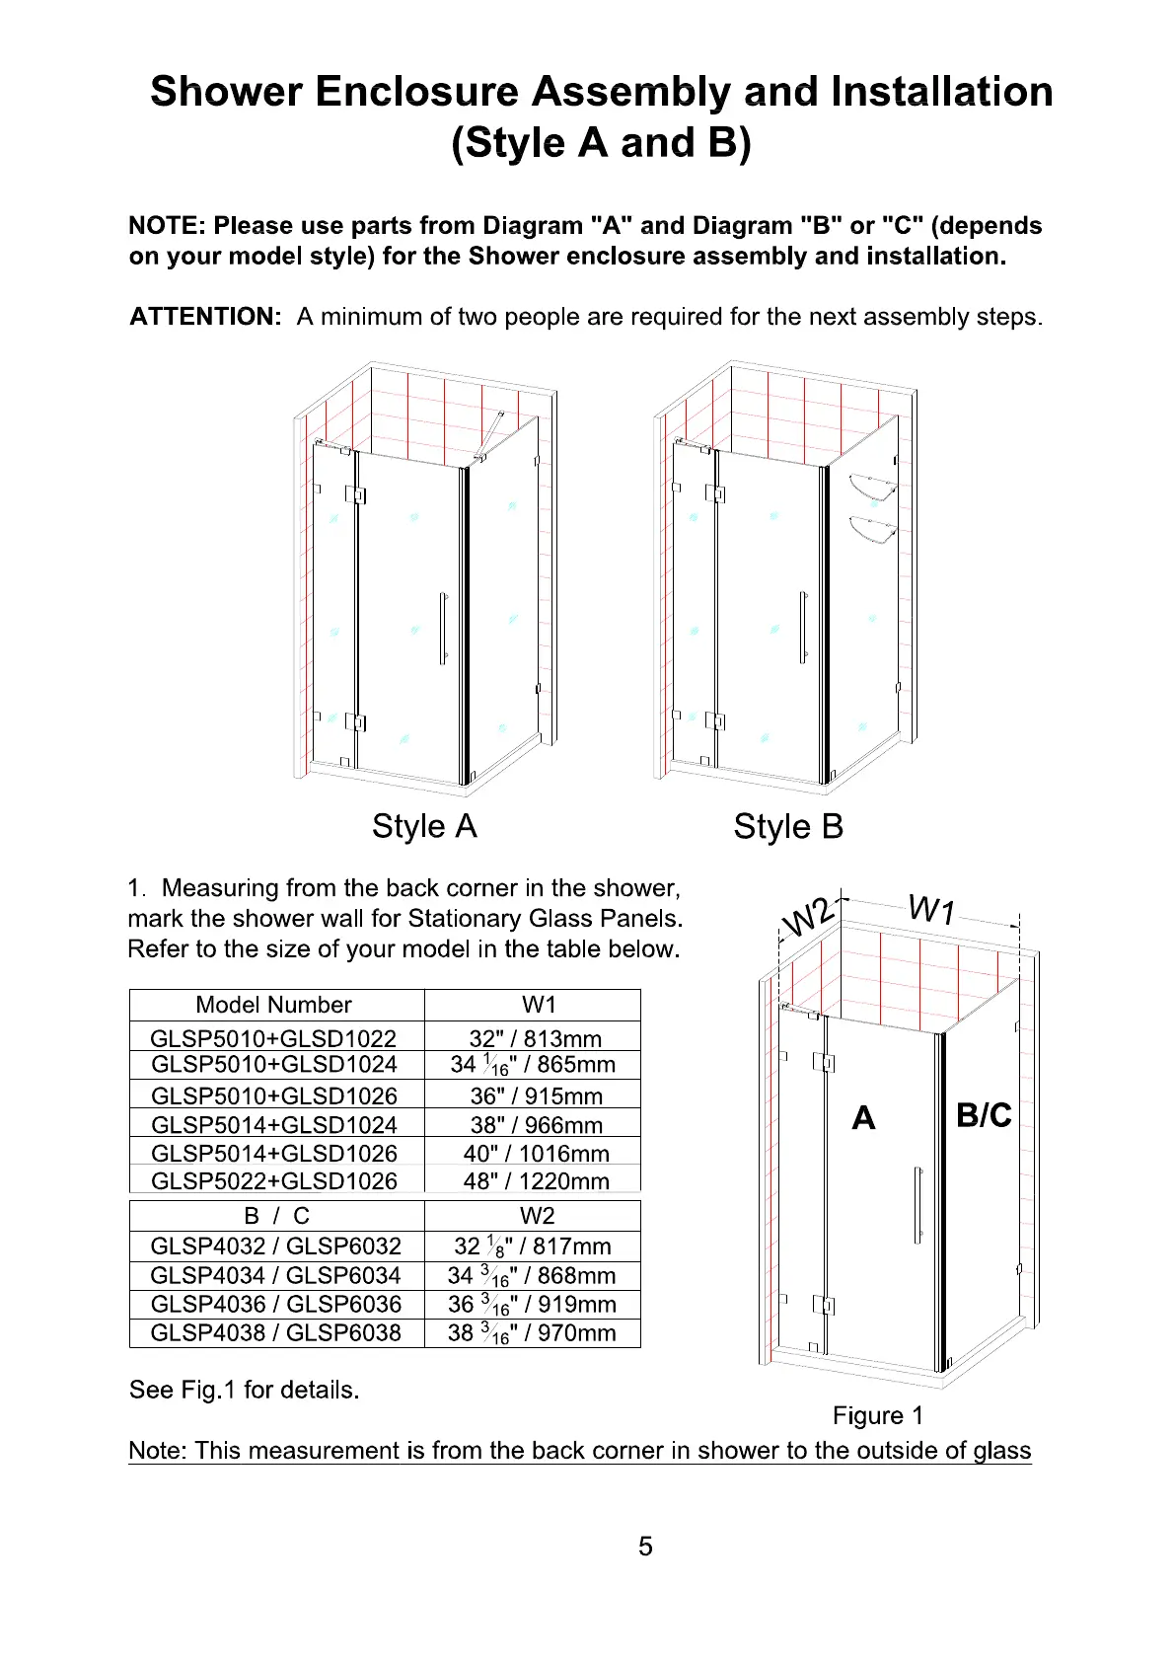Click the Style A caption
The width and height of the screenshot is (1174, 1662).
pyautogui.click(x=424, y=826)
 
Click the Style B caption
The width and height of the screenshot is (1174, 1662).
pyautogui.click(x=787, y=826)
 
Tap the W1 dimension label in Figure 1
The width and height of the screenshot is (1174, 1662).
pyautogui.click(x=931, y=908)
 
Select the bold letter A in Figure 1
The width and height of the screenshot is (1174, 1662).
pyautogui.click(x=863, y=1118)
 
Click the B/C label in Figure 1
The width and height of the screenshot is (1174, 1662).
pyautogui.click(x=984, y=1115)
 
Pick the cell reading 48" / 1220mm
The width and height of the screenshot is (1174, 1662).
pyautogui.click(x=536, y=1180)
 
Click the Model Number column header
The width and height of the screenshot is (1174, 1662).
pyautogui.click(x=273, y=1005)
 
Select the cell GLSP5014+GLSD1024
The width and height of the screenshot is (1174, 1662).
pyautogui.click(x=273, y=1124)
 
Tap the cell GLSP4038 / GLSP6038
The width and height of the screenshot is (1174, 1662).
pyautogui.click(x=275, y=1332)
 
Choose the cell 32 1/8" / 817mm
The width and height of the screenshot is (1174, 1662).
pyautogui.click(x=532, y=1246)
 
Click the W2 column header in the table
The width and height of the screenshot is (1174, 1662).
pyautogui.click(x=537, y=1216)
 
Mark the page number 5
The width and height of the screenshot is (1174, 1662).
pyautogui.click(x=645, y=1546)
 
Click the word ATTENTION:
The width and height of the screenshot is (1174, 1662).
pyautogui.click(x=205, y=317)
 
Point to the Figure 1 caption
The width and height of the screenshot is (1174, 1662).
pyautogui.click(x=877, y=1415)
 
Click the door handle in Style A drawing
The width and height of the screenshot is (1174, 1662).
pyautogui.click(x=443, y=629)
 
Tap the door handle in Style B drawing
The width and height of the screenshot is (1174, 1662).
pyautogui.click(x=804, y=628)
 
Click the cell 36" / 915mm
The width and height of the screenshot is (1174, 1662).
pyautogui.click(x=536, y=1095)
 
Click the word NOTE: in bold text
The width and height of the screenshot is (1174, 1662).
pyautogui.click(x=166, y=226)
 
